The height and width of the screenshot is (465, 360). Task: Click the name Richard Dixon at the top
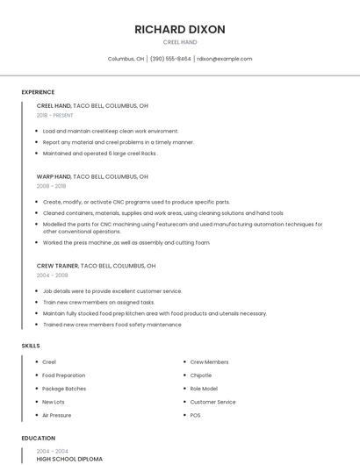click(180, 29)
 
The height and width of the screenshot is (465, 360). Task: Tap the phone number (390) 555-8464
click(170, 59)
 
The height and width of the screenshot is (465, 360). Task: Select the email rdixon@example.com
click(225, 59)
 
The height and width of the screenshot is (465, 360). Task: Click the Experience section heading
click(38, 92)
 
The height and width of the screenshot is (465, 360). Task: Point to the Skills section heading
click(31, 346)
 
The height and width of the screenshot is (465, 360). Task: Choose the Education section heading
click(38, 438)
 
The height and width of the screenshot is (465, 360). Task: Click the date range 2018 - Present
click(55, 115)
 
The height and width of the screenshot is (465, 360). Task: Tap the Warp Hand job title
click(54, 176)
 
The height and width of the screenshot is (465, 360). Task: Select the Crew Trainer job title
click(57, 265)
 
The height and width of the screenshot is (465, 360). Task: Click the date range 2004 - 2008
click(52, 275)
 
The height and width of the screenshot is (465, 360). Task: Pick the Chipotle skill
click(201, 376)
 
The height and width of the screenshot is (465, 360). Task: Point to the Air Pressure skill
click(57, 415)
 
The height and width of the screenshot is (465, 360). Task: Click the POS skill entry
click(196, 415)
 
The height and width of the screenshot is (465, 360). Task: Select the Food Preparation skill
click(64, 376)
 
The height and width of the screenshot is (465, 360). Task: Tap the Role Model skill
click(204, 389)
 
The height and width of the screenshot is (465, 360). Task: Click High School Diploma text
click(69, 459)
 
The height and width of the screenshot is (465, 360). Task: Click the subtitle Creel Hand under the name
click(180, 42)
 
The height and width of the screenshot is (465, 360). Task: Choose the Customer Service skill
click(212, 402)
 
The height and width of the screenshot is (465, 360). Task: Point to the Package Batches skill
click(64, 389)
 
